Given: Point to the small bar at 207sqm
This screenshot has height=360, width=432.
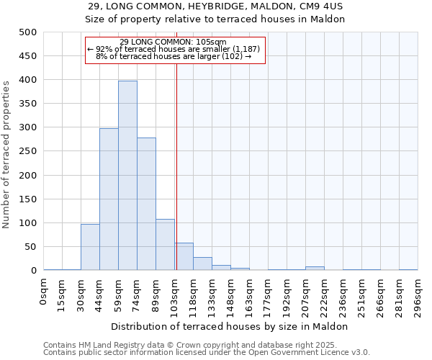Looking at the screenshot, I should click(x=315, y=268).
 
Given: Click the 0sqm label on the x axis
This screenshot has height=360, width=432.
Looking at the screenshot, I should click(x=44, y=292).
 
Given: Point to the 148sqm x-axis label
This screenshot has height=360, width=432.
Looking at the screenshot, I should click(x=230, y=296).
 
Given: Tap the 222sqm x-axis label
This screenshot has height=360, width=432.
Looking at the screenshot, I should click(x=324, y=296).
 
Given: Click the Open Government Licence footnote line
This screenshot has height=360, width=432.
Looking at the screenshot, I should click(x=206, y=353).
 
